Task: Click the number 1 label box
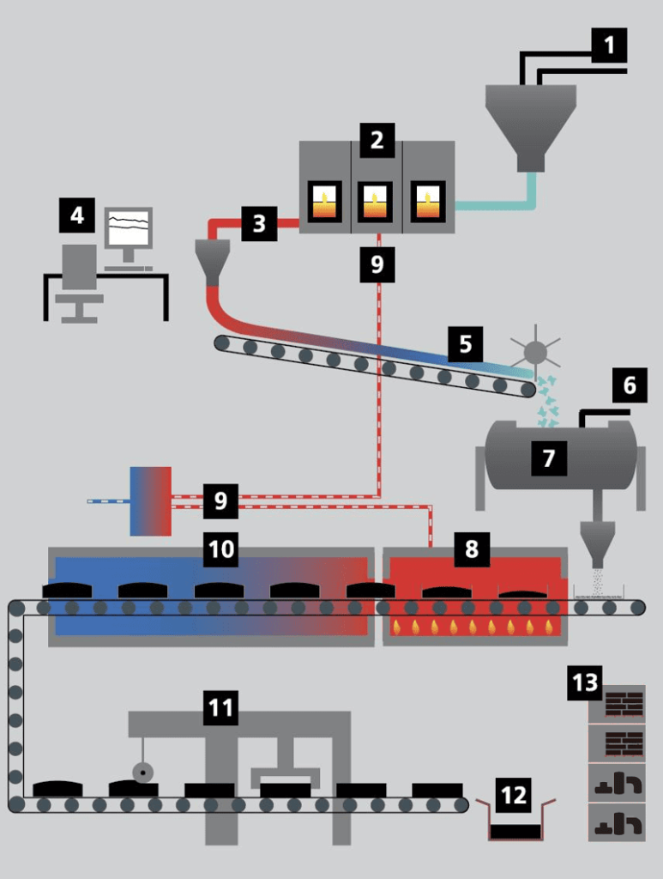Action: point(609,45)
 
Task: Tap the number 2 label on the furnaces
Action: point(377,140)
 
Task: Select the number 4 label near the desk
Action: point(77,215)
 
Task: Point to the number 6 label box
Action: point(630,386)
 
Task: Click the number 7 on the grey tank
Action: point(549,459)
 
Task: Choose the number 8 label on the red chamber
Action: point(471,549)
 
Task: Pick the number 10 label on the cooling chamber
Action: point(221,549)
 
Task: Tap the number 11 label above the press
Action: point(221,708)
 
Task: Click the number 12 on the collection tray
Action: point(514,796)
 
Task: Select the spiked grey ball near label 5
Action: point(535,351)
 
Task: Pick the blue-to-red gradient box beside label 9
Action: point(150,501)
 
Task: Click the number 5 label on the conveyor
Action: point(465,344)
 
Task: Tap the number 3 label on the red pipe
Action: point(259,225)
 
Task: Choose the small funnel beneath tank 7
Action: point(597,540)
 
